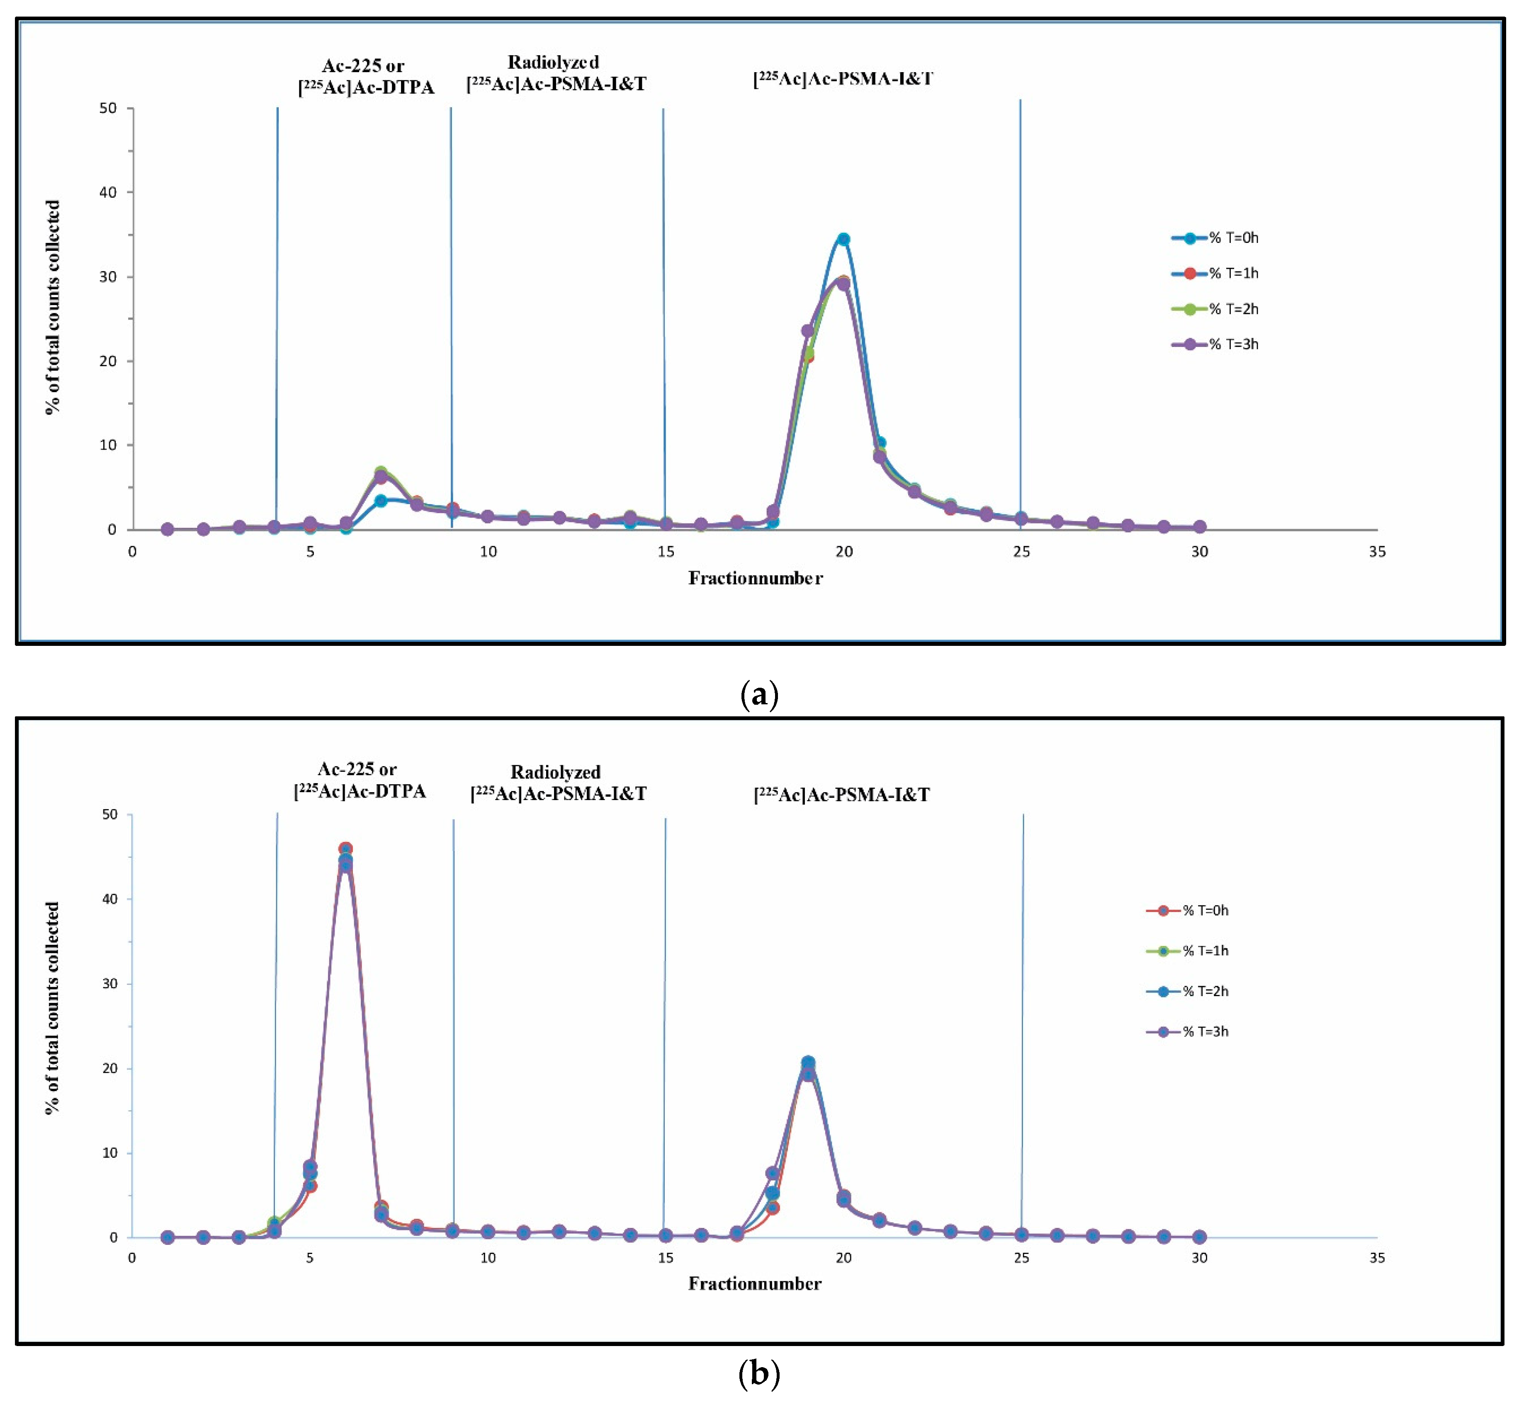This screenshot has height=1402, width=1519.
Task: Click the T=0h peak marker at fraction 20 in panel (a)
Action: click(843, 239)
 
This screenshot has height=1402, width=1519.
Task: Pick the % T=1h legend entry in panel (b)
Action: click(1188, 951)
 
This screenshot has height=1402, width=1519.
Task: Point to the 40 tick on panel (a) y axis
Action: click(109, 193)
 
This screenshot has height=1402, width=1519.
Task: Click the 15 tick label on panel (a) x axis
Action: click(666, 551)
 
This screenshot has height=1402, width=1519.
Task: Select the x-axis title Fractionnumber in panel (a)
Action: click(755, 578)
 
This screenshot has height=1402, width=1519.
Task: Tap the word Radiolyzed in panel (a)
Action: click(553, 62)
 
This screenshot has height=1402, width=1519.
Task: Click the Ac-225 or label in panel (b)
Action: click(357, 769)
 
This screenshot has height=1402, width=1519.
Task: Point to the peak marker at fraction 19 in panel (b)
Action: click(808, 1063)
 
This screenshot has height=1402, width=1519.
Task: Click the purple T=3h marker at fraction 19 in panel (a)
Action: click(807, 331)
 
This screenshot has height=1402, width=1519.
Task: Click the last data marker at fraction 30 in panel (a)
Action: click(1199, 526)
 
